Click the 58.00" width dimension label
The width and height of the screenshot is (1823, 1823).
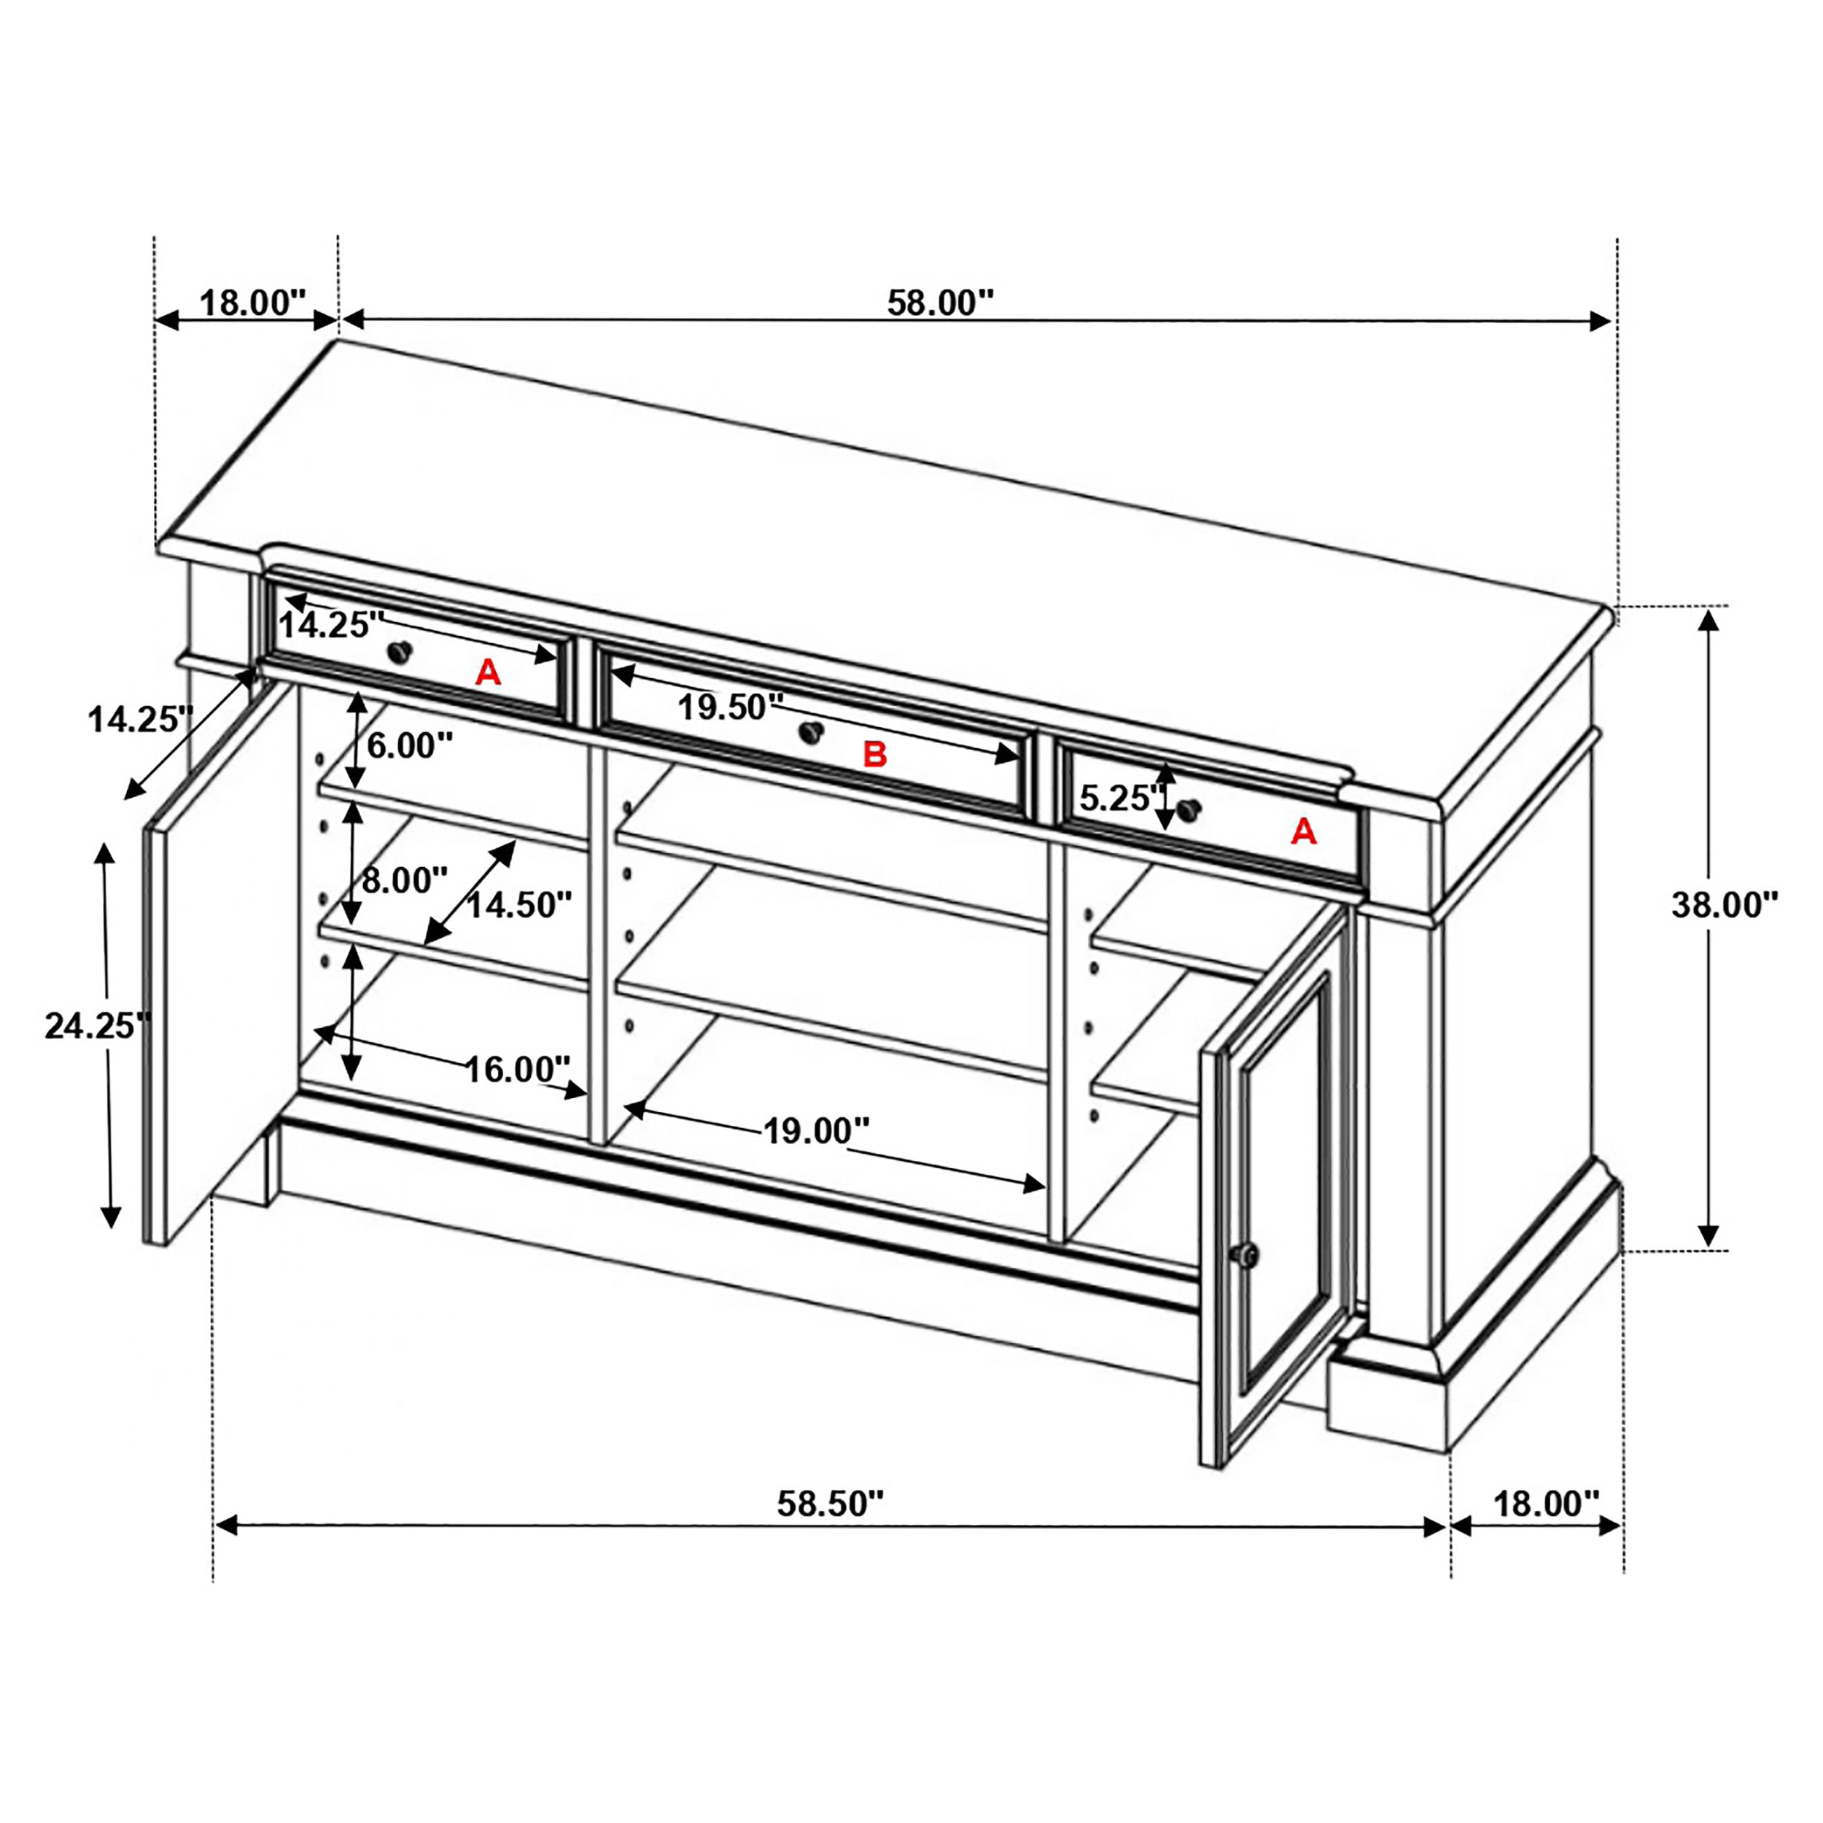coord(940,303)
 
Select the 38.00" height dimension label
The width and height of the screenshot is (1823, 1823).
coord(1724,905)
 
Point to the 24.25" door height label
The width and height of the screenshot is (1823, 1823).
coord(96,1026)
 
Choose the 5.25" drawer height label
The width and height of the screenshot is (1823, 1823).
coord(1117,799)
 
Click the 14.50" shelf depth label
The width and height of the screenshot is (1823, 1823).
coord(519,905)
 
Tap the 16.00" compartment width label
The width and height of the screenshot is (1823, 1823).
coord(518,1069)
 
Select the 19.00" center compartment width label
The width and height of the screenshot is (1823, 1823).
coord(815,1130)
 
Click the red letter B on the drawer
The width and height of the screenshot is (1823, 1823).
coord(875,754)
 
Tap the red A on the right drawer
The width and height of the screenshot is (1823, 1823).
coord(1303,831)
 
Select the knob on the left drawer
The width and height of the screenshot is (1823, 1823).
coord(400,651)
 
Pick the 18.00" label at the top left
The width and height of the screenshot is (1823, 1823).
coord(253,303)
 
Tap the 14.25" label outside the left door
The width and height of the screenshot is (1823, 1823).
coord(141,720)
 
